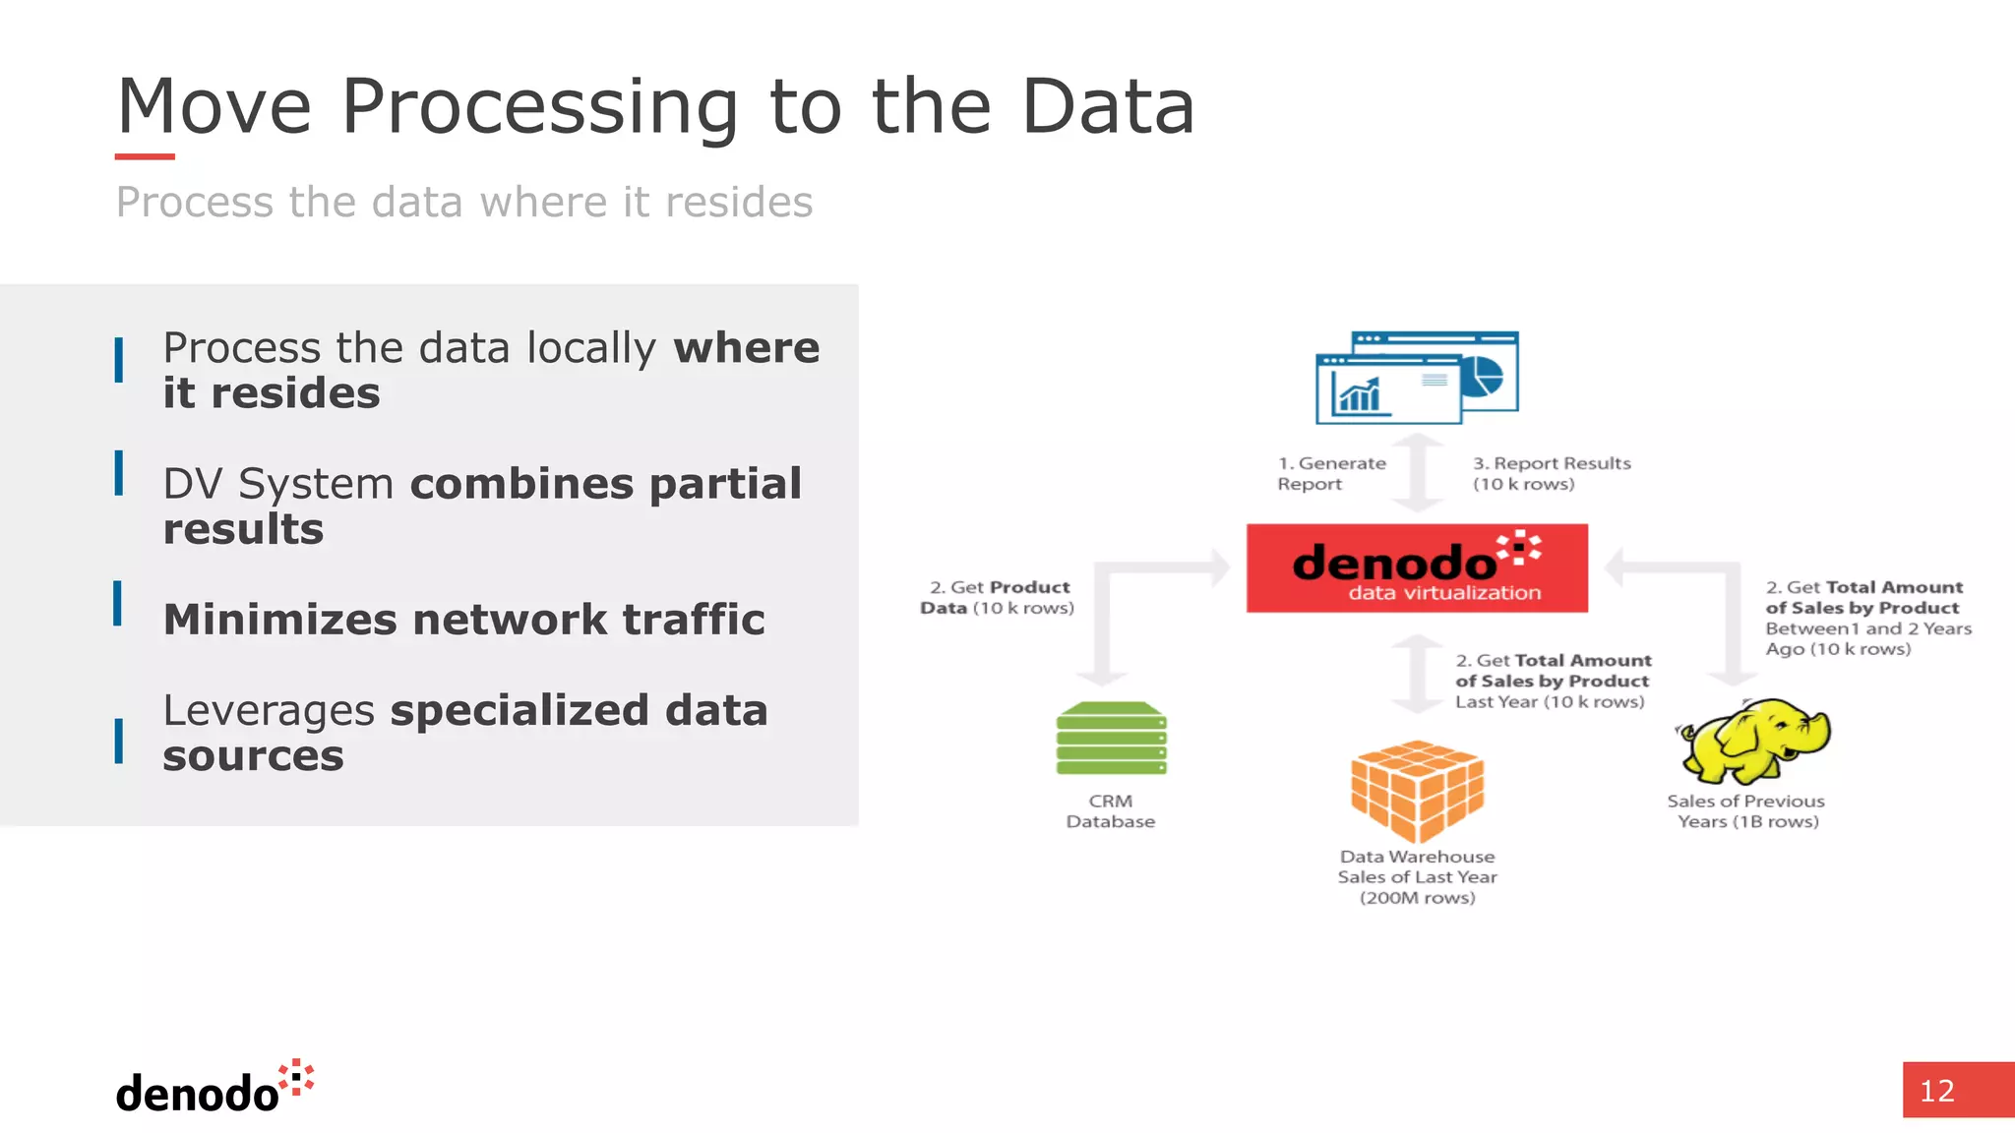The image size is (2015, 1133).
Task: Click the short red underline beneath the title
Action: click(x=145, y=156)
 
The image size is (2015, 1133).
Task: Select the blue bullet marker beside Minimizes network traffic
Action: click(x=118, y=603)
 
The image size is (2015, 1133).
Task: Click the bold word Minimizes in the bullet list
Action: click(x=281, y=620)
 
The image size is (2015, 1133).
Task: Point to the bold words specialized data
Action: click(x=579, y=710)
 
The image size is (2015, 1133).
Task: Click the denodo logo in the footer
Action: click(x=214, y=1088)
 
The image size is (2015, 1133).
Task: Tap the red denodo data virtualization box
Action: click(x=1416, y=568)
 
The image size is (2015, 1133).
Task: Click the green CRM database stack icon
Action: click(x=1111, y=739)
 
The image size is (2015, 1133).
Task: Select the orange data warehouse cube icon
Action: click(x=1417, y=791)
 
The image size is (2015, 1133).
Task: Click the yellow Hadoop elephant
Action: click(x=1754, y=740)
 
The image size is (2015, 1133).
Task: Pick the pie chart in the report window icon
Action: click(x=1482, y=377)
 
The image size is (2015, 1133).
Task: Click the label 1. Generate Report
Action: click(x=1330, y=473)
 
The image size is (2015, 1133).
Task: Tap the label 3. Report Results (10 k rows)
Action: click(x=1551, y=473)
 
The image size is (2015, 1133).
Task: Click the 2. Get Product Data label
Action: click(x=997, y=597)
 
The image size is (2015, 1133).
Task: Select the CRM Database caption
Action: click(x=1111, y=811)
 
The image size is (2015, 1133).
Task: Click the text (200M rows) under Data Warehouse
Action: click(x=1417, y=898)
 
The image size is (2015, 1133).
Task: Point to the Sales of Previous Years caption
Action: click(x=1746, y=811)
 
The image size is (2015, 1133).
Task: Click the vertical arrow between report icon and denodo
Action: click(x=1418, y=473)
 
